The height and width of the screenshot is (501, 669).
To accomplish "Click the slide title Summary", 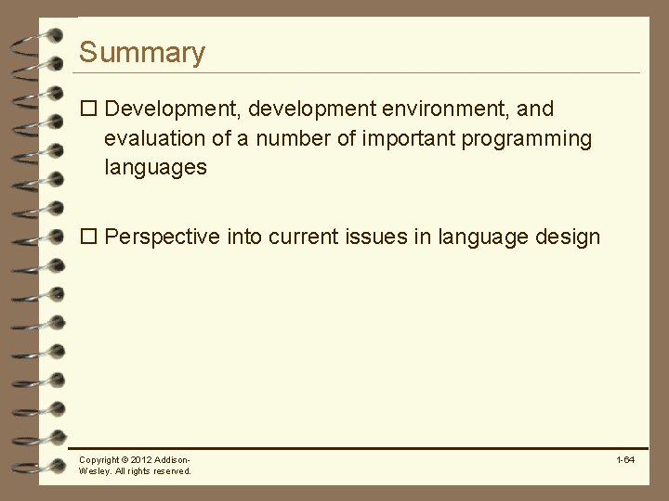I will [x=141, y=53].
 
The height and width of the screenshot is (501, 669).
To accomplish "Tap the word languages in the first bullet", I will [x=155, y=168].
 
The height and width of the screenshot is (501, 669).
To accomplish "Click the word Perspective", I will [x=162, y=238].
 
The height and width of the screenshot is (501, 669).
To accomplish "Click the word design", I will [x=568, y=238].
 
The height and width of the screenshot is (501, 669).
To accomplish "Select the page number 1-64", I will [x=624, y=460].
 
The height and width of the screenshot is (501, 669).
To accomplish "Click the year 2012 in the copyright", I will [x=141, y=460].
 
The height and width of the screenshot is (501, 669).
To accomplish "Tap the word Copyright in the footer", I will [x=98, y=460].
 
